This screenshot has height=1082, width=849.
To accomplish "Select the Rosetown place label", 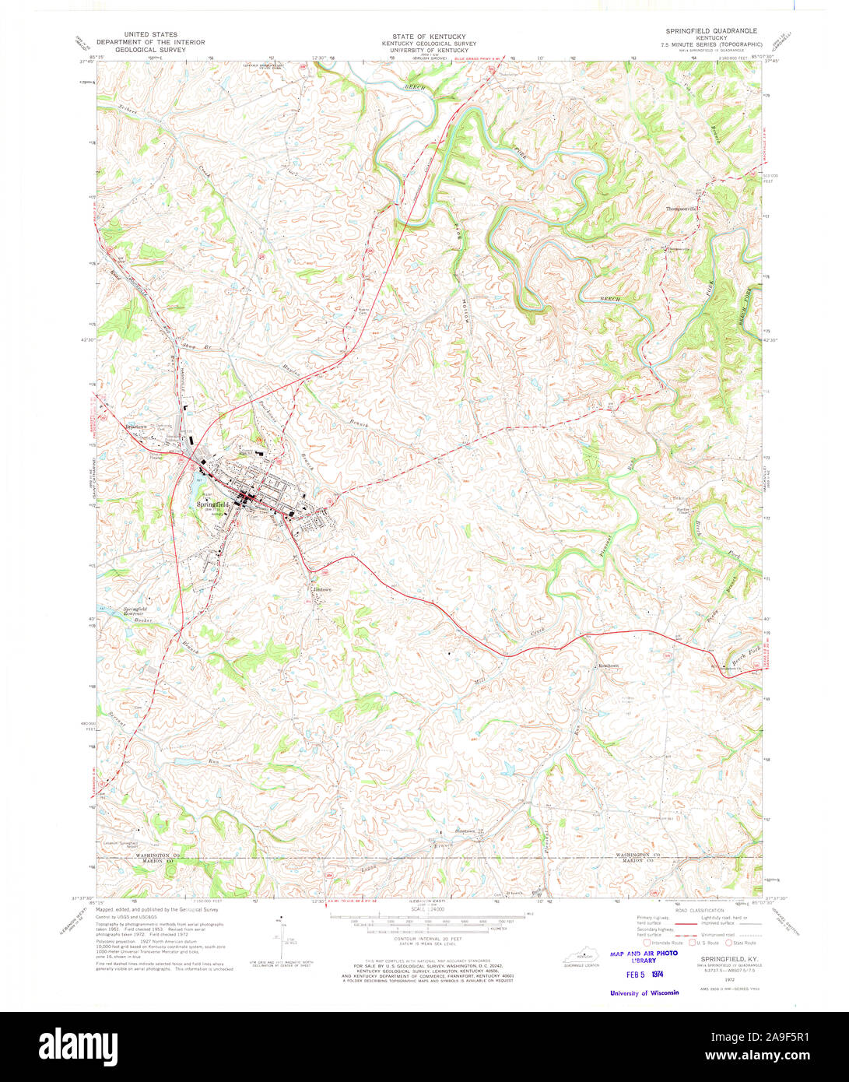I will click(x=608, y=666).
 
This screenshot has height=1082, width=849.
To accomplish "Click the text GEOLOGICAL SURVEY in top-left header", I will click(x=148, y=50).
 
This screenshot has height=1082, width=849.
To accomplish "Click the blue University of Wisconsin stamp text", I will click(x=644, y=992).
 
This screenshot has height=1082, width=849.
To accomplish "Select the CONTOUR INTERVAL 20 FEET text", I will click(x=424, y=938).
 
